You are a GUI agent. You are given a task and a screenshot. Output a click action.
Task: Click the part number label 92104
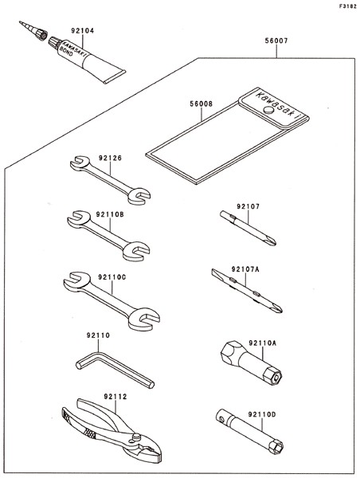pyautogui.click(x=83, y=31)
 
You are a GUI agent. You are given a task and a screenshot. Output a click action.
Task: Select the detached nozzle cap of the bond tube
pyautogui.click(x=33, y=29)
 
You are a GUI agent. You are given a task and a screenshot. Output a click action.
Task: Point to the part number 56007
pyautogui.click(x=276, y=41)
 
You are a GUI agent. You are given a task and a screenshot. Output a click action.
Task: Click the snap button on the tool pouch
pyautogui.click(x=268, y=110)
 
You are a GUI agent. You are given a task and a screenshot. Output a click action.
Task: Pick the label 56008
pyautogui.click(x=202, y=104)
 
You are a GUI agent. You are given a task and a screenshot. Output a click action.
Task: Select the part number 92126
pyautogui.click(x=110, y=158)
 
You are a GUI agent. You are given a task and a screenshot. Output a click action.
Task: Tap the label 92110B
pyautogui.click(x=110, y=214)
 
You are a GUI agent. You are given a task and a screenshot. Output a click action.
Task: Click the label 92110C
pyautogui.click(x=112, y=277)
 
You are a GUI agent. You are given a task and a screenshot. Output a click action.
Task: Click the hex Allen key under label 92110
pyautogui.click(x=115, y=369)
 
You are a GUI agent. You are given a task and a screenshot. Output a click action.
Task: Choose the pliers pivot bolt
pyautogui.click(x=136, y=437)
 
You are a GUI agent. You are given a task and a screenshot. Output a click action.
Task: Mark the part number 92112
pyautogui.click(x=115, y=397)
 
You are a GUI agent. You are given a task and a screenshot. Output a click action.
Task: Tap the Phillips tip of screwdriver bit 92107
pyautogui.click(x=271, y=241)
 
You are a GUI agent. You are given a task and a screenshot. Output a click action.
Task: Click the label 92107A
pyautogui.click(x=245, y=269)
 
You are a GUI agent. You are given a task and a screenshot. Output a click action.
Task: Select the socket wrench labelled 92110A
pyautogui.click(x=251, y=362)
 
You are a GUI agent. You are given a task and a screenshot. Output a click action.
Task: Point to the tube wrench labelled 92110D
pyautogui.click(x=250, y=431)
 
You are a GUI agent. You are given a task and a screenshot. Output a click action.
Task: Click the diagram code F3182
pyautogui.click(x=348, y=6)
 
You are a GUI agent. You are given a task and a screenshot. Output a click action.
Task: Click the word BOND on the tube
pyautogui.click(x=67, y=52)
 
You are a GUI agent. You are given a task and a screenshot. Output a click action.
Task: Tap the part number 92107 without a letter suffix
pyautogui.click(x=248, y=206)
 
